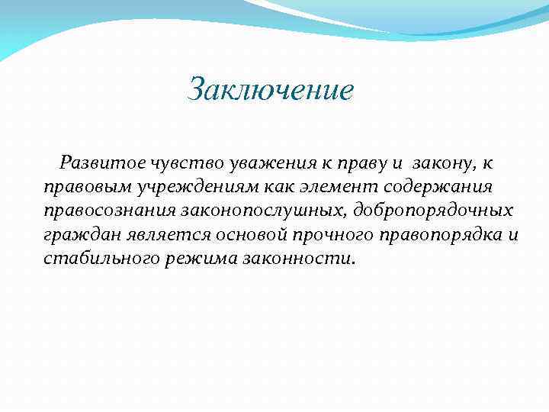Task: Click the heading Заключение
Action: click(x=271, y=89)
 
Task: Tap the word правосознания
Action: click(x=108, y=209)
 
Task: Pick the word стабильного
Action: click(x=101, y=257)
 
